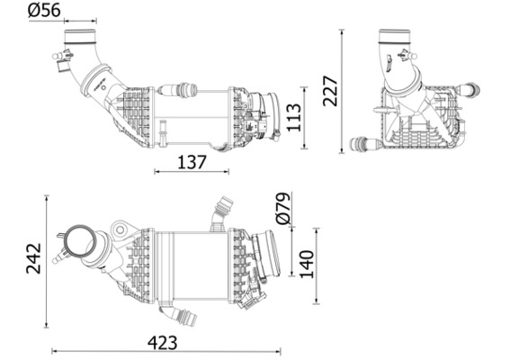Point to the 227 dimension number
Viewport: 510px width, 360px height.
coord(330,90)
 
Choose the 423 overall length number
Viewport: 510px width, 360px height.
coord(161,342)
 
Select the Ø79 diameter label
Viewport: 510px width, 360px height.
coord(281,207)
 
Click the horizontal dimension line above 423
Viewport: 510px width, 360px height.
coord(166,351)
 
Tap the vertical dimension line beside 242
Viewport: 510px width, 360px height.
coord(47,262)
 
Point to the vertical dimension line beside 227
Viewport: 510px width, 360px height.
coord(343,90)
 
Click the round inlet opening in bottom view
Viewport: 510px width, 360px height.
coord(78,245)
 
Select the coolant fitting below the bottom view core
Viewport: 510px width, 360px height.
coord(180,315)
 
